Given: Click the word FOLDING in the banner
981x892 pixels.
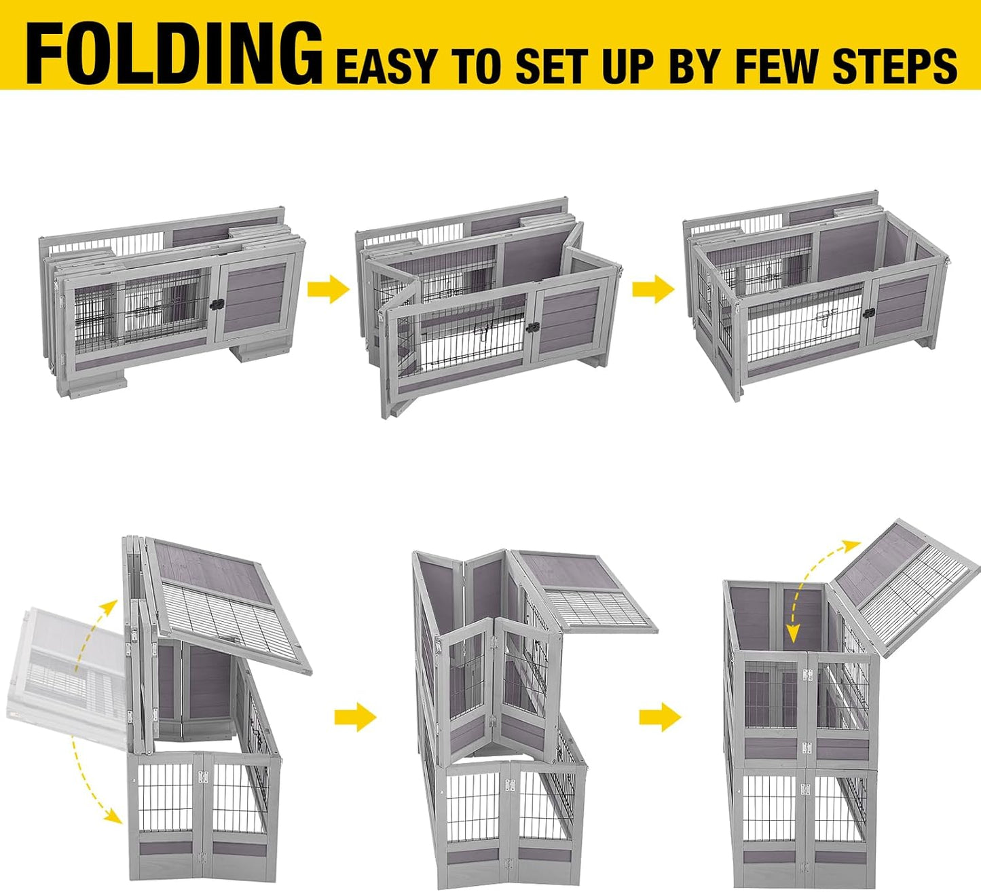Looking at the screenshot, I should tap(174, 54).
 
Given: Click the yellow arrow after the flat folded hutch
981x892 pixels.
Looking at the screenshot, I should tap(328, 290).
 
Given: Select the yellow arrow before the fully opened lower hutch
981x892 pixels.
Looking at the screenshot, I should tap(653, 290).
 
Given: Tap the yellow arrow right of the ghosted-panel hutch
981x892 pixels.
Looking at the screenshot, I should tap(355, 717).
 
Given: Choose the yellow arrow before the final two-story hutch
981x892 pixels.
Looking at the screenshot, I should tap(660, 717).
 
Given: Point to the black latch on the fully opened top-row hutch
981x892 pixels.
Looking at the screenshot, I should tap(868, 313).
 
